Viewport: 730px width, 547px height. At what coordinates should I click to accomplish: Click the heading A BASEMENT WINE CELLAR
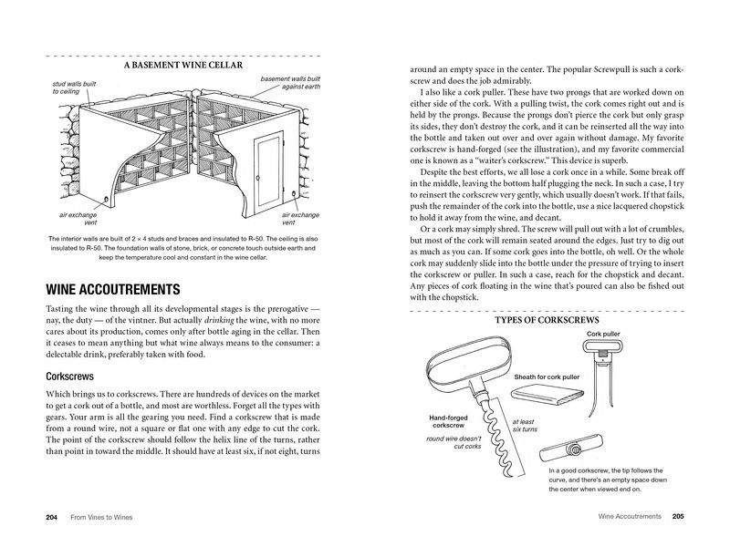[x=182, y=66]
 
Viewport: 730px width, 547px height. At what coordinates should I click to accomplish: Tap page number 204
[x=52, y=517]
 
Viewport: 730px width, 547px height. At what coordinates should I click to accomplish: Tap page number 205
[x=678, y=517]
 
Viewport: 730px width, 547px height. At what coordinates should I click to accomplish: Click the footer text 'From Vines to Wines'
[x=106, y=517]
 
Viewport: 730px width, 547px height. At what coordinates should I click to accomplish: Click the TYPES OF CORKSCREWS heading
[x=546, y=322]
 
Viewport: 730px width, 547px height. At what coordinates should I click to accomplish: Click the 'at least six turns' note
[x=524, y=426]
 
